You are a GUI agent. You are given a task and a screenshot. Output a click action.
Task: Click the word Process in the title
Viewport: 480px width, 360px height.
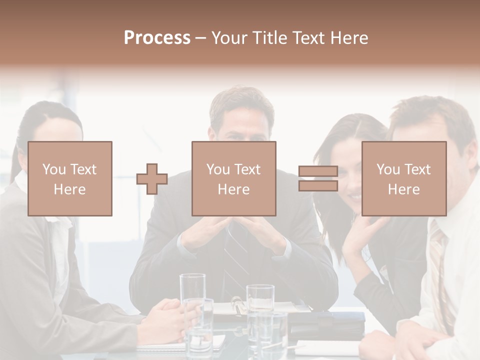point(157,37)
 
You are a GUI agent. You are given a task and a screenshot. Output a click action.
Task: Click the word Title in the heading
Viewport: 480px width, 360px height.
point(270,37)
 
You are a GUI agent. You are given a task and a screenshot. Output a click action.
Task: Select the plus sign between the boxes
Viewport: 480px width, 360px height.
point(152,179)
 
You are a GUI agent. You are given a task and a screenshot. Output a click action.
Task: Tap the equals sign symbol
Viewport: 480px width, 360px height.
point(318,178)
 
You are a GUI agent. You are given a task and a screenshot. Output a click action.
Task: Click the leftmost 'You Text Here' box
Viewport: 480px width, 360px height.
point(70,178)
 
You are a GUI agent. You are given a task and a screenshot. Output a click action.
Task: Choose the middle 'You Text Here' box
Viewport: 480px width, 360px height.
point(233,178)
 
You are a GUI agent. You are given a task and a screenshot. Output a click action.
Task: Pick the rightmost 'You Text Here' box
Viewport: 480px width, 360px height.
point(403,178)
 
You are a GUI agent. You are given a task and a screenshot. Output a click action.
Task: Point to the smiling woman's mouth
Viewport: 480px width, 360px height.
point(354,196)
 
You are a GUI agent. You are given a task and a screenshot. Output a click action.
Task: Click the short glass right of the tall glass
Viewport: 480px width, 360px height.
point(260,300)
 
